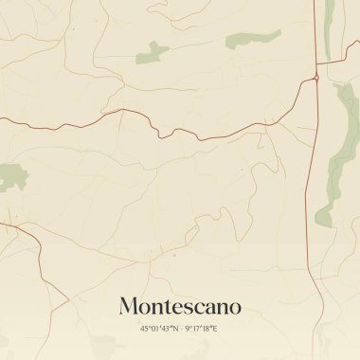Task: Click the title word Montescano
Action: (x=180, y=306)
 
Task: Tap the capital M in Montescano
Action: (x=130, y=306)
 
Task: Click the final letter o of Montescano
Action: (x=234, y=307)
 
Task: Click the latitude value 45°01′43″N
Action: (x=158, y=329)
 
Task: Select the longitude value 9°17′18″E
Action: (x=202, y=329)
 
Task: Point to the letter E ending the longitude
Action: (x=216, y=329)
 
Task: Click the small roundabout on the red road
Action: (x=315, y=78)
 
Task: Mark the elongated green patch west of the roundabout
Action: (x=253, y=39)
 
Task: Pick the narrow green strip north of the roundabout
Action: (x=330, y=28)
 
